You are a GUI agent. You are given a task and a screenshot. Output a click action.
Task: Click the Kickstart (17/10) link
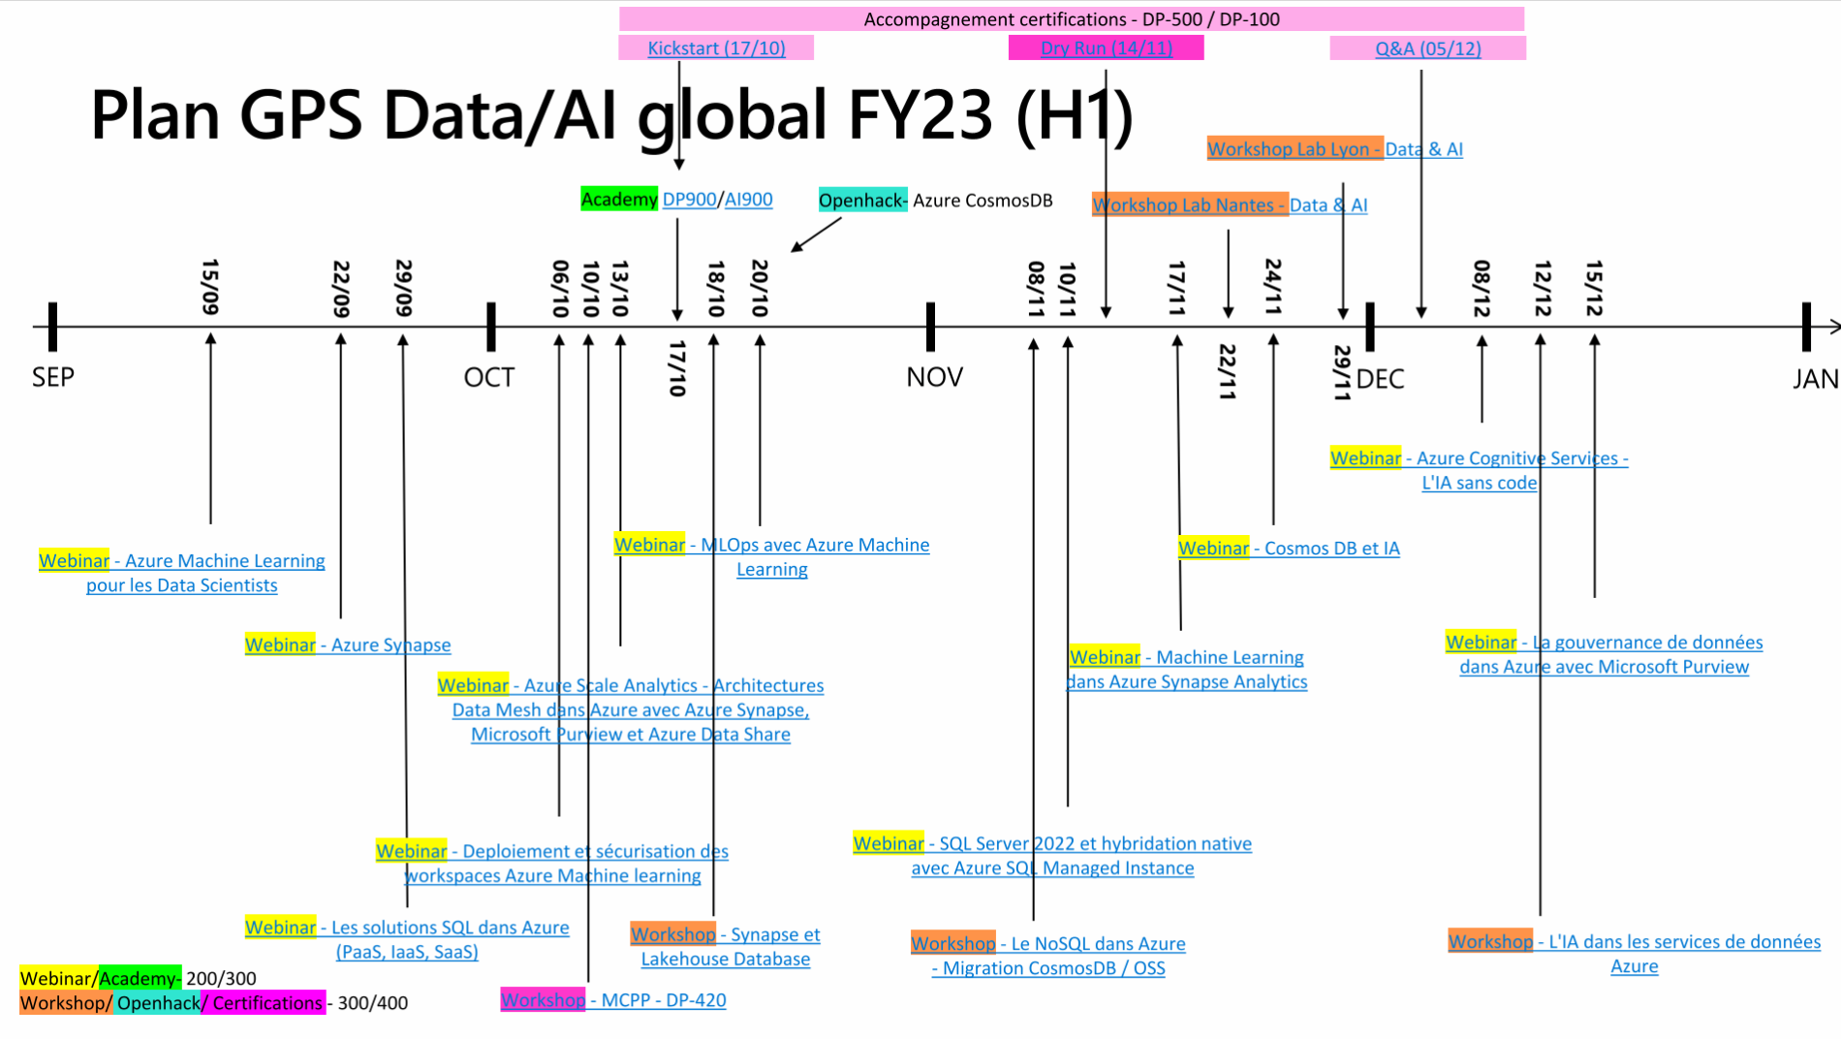[716, 48]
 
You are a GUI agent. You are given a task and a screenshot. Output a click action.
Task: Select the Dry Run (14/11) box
[1106, 48]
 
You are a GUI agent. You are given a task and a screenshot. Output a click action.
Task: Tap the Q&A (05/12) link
[1427, 48]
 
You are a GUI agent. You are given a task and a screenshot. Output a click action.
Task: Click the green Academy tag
[619, 200]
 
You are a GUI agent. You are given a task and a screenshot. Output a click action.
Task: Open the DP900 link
[689, 200]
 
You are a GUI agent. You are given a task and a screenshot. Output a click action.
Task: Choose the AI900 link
[749, 200]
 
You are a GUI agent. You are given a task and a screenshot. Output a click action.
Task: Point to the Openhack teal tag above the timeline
[861, 201]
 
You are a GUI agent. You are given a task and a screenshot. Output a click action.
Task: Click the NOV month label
[934, 377]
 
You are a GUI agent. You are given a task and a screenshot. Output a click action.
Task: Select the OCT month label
[488, 377]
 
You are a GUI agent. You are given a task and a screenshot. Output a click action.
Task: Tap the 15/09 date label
[210, 287]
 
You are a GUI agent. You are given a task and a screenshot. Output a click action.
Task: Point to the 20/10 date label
[760, 288]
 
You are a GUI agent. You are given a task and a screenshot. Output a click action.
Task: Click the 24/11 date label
[1273, 287]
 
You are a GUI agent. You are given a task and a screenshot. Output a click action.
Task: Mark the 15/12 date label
[1594, 288]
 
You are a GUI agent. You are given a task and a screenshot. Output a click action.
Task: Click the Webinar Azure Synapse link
[348, 645]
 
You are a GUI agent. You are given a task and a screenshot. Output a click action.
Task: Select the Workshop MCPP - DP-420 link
[613, 1000]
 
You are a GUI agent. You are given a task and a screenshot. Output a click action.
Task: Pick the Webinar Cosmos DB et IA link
[1289, 549]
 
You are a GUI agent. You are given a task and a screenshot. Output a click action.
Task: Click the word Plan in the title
[155, 115]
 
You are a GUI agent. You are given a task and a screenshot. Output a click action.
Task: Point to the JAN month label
[1815, 379]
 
